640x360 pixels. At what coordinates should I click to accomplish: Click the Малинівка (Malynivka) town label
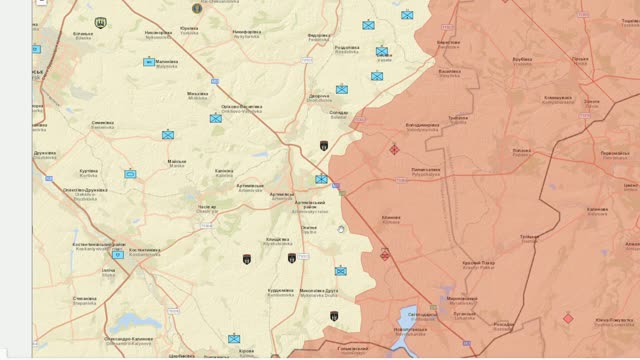click(x=166, y=62)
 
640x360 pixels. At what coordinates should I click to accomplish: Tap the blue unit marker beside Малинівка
click(x=148, y=62)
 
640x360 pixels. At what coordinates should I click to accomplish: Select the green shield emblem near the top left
click(x=101, y=22)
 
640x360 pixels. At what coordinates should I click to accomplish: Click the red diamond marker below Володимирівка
click(x=394, y=150)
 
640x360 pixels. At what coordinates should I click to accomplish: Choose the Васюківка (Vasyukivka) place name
click(x=450, y=71)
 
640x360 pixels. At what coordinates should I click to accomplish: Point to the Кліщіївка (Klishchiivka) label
click(x=277, y=240)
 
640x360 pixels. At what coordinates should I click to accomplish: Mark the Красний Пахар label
click(x=478, y=263)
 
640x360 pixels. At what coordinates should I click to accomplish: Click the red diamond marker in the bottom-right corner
click(x=568, y=318)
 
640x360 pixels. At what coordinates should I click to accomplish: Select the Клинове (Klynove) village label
click(x=390, y=218)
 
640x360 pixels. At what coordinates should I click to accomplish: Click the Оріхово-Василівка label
click(x=242, y=108)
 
